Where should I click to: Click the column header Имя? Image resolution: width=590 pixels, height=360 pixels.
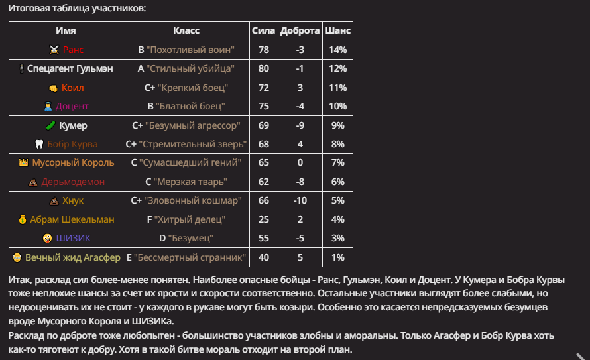coord(66,31)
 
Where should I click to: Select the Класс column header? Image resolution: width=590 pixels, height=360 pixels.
coord(186,31)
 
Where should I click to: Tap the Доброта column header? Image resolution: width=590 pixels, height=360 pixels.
coord(300,31)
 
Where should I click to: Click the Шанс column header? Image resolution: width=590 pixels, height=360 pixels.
coord(337,31)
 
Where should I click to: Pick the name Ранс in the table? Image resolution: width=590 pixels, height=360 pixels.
coord(73,50)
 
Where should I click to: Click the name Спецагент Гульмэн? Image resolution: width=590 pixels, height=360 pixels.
coord(70,68)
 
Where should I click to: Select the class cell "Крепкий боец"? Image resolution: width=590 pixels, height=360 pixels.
coord(186,88)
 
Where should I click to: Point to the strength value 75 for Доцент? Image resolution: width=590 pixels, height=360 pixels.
coord(264,106)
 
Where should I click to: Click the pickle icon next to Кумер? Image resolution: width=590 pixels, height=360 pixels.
coord(49,125)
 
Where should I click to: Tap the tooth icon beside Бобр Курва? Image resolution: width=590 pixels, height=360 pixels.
coord(39,144)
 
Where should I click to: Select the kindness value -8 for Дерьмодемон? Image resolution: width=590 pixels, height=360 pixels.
coord(300,182)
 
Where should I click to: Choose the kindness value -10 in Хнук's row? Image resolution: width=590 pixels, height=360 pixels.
coord(300,200)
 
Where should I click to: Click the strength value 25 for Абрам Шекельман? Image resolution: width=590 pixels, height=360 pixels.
coord(264,219)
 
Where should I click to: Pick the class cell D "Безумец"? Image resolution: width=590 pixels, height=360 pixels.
coord(186,238)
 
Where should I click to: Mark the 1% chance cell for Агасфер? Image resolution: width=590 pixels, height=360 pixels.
coord(337,257)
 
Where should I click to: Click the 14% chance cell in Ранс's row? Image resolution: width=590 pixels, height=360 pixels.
coord(337,50)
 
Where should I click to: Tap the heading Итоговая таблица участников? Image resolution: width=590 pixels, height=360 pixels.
coord(77,9)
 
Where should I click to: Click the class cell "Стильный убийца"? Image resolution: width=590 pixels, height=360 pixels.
coord(186,68)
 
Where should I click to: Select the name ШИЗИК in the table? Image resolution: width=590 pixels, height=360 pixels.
coord(73,238)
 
